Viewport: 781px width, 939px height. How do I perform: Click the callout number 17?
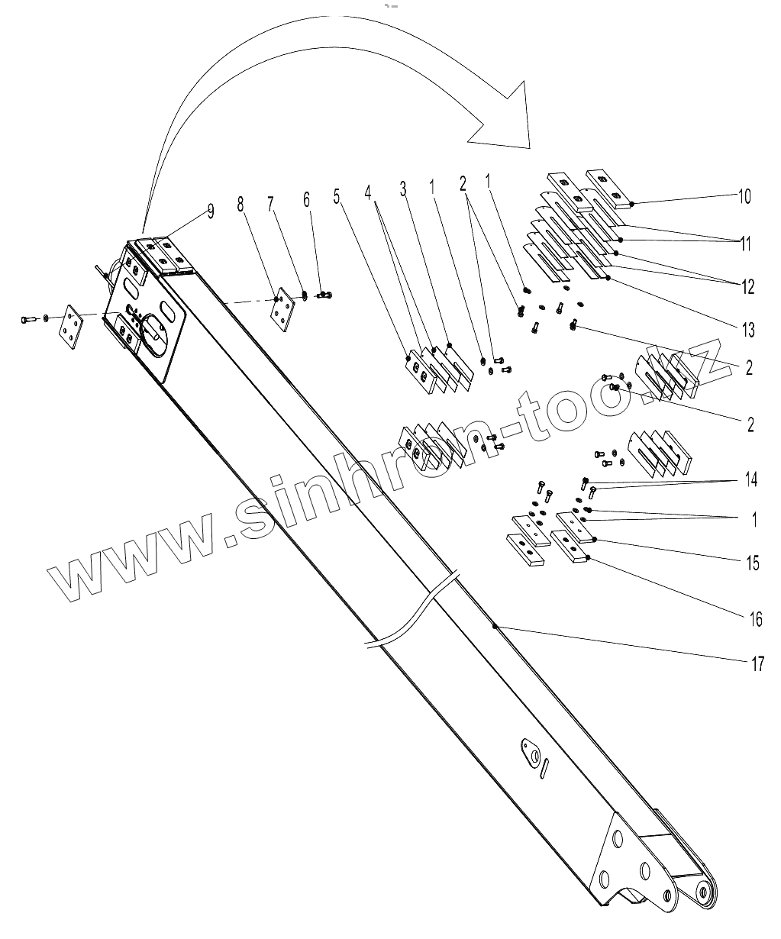point(757,663)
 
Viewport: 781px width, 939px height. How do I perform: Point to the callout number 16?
point(754,618)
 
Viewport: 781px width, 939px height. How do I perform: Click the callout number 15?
point(753,563)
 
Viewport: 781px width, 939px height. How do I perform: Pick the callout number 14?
point(751,480)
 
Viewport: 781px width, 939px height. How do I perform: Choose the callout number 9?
point(211,211)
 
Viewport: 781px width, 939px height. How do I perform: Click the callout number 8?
point(242,204)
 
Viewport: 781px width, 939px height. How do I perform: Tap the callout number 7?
point(270,203)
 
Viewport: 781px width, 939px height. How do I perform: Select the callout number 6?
point(307,199)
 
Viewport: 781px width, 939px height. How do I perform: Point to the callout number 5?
point(336,195)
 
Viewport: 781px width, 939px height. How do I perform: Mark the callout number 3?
point(404,189)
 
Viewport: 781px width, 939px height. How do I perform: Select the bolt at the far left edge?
point(29,318)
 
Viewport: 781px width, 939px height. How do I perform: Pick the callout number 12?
point(747,287)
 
